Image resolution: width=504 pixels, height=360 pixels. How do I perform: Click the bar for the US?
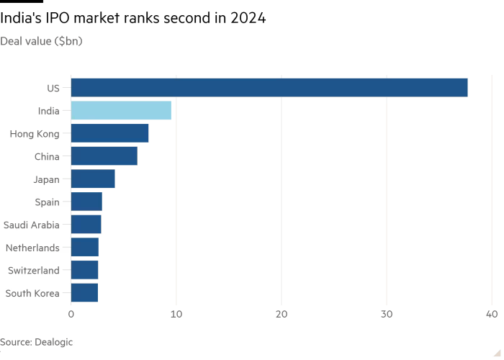(269, 88)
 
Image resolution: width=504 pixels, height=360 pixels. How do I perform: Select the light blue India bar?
(121, 111)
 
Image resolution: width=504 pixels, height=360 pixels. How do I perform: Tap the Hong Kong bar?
(110, 133)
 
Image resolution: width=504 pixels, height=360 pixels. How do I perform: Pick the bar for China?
(104, 156)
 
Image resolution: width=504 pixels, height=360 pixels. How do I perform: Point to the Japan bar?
(93, 179)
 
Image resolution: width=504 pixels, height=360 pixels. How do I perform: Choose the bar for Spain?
(86, 202)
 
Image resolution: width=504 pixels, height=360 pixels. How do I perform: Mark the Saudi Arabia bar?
(86, 225)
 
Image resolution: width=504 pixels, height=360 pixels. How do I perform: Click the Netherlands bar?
(85, 248)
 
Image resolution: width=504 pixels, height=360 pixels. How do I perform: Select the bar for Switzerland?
(85, 270)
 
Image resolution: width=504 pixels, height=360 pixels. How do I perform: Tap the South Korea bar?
(84, 293)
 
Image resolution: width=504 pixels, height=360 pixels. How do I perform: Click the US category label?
(53, 89)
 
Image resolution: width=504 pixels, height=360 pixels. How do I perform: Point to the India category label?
(48, 112)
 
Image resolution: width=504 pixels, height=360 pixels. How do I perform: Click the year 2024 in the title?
(248, 19)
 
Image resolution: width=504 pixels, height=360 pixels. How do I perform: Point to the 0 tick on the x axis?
(71, 315)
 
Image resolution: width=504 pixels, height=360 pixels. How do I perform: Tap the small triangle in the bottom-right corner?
(495, 351)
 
